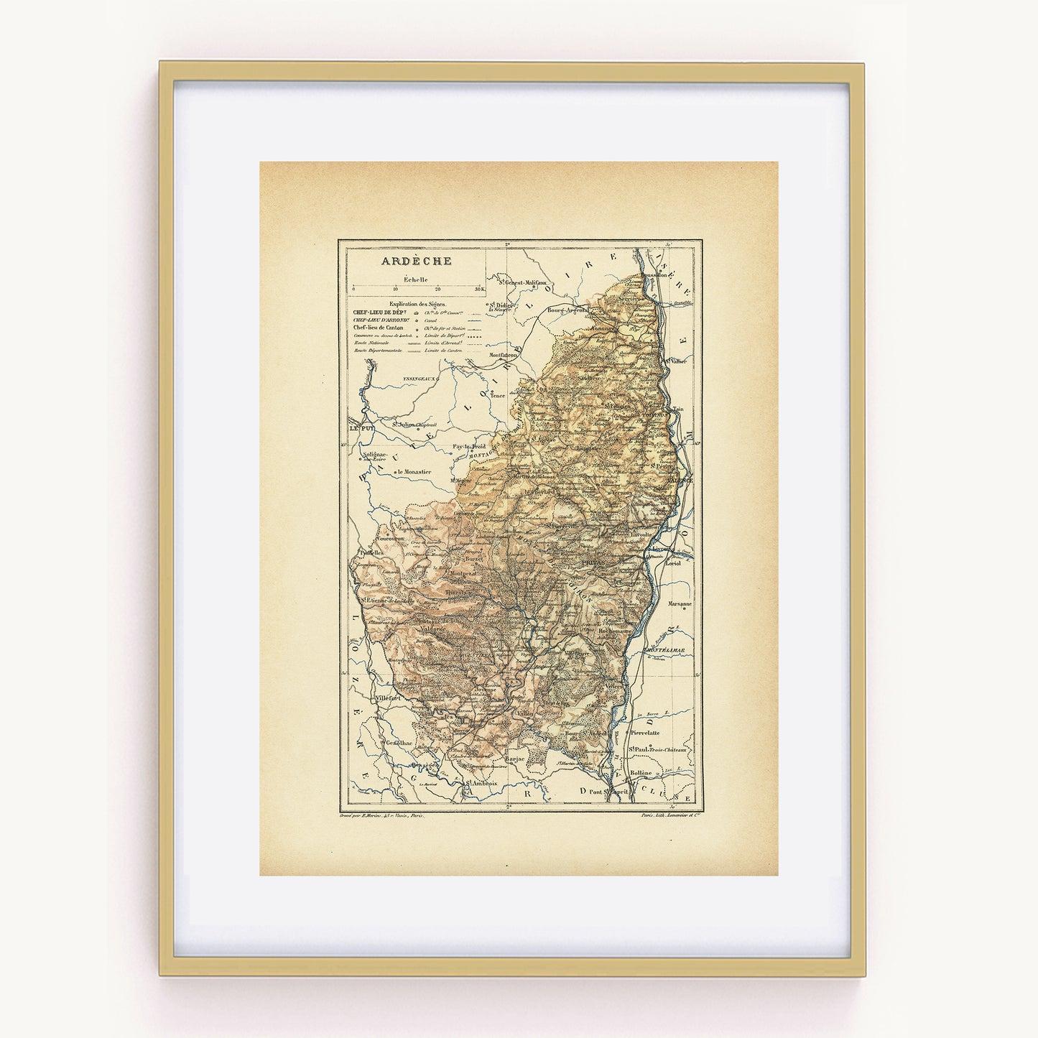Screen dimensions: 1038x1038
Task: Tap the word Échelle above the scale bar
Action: (416, 279)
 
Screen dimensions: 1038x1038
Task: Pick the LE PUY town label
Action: (362, 428)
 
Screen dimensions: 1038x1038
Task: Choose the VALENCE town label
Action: (679, 479)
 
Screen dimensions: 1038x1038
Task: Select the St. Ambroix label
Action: (481, 784)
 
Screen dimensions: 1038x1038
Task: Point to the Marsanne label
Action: (679, 604)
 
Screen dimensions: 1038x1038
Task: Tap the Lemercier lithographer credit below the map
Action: (668, 815)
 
